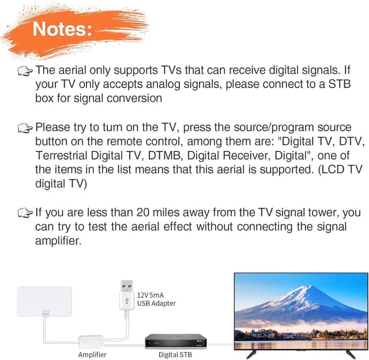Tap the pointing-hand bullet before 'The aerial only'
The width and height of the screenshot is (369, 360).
tap(25, 70)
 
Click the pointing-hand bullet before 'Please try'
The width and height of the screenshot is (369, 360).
tap(25, 127)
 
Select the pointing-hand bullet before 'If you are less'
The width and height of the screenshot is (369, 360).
tap(25, 213)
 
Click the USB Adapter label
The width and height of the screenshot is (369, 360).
tap(156, 304)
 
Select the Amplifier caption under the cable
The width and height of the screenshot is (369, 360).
tap(92, 355)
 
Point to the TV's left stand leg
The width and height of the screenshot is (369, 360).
tap(251, 353)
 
